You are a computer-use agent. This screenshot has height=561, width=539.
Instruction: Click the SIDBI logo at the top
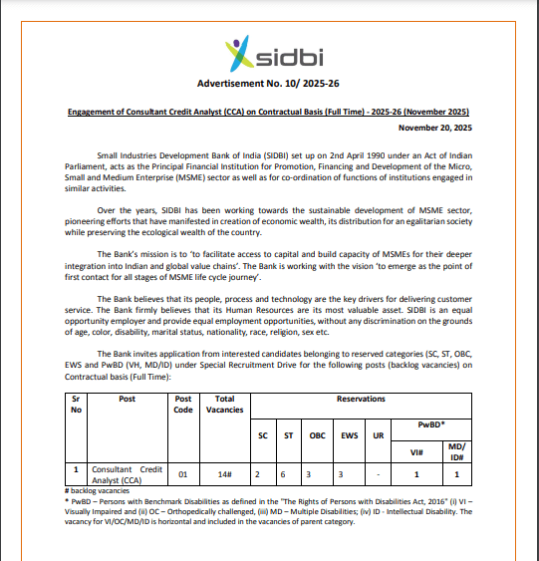269,50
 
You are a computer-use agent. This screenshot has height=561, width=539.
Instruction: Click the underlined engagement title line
269,112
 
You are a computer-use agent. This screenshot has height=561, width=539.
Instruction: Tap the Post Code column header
182,404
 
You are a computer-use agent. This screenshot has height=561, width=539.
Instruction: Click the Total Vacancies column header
223,404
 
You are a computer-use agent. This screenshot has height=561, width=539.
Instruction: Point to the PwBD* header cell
430,423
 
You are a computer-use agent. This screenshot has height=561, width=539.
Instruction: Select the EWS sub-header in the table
349,434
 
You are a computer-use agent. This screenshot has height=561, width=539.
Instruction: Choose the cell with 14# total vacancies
223,474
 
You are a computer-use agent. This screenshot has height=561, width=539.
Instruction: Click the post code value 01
182,474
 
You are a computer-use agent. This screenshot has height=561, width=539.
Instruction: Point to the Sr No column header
77,404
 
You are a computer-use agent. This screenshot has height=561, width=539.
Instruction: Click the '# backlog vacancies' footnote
102,491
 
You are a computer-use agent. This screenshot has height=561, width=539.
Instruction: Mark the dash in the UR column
380,474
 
